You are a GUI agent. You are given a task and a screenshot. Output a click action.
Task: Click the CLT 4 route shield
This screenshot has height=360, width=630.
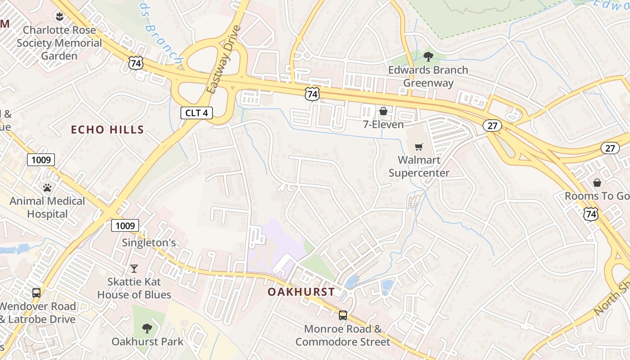(197, 112)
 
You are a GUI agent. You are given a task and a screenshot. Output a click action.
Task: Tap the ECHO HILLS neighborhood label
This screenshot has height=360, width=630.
(108, 130)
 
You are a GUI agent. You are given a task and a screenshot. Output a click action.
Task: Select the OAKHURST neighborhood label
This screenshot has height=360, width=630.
(301, 292)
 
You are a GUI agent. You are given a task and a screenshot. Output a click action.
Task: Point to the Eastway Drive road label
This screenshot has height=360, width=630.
(225, 59)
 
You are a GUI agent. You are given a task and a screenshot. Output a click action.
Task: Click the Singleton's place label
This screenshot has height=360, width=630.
(149, 243)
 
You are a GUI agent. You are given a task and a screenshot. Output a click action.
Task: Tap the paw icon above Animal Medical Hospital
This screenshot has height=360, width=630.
(47, 188)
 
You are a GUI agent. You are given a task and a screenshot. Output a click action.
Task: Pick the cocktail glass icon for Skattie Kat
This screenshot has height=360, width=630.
(134, 269)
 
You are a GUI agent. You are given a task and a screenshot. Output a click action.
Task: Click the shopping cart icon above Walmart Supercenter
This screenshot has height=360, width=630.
(419, 146)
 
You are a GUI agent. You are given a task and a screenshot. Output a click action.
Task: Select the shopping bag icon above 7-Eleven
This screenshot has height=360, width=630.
(383, 111)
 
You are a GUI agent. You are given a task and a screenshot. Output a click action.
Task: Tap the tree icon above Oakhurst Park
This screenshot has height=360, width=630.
(147, 328)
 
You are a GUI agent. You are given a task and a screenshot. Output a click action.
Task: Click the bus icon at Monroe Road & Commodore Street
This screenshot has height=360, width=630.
(343, 315)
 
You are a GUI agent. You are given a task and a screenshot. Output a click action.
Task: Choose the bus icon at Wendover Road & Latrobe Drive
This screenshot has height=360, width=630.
(36, 292)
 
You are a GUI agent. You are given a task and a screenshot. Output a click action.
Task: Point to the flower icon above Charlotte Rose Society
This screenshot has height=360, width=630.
(59, 17)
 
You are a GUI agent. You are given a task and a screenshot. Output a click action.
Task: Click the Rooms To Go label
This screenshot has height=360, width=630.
(597, 196)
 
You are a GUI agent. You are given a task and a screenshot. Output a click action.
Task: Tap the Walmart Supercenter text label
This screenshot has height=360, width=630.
(419, 166)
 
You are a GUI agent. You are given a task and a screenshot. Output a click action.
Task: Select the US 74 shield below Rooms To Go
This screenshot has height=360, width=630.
(590, 214)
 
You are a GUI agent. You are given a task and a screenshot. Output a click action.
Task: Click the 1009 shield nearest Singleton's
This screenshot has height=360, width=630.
(125, 225)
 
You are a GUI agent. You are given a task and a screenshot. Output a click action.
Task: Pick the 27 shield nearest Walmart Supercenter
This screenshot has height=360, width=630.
(492, 126)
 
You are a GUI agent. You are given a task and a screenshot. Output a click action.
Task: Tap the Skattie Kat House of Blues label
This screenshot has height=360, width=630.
(134, 288)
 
